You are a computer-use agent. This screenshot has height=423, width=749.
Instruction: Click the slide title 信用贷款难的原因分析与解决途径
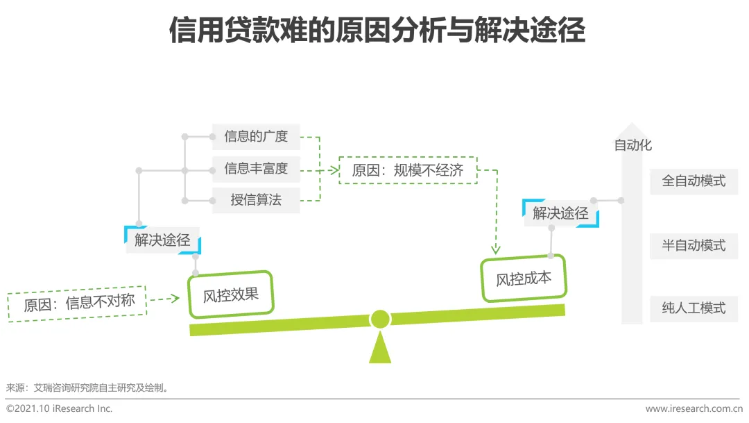[377, 31]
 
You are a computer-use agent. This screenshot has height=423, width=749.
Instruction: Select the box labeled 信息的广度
[255, 137]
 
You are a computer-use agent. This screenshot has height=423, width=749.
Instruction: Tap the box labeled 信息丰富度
[255, 169]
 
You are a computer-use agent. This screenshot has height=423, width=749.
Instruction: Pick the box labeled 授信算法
[255, 201]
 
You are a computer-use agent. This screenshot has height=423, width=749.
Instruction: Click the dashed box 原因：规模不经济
[408, 170]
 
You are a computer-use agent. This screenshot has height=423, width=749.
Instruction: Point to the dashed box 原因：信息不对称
[78, 304]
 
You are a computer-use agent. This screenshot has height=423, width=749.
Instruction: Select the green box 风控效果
[230, 295]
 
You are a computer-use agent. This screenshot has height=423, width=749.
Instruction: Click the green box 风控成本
[524, 279]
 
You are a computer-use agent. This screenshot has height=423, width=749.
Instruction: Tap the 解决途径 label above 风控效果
[163, 240]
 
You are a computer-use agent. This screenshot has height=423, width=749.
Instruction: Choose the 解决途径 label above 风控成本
[560, 213]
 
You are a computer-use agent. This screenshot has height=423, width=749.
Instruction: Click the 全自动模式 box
[694, 181]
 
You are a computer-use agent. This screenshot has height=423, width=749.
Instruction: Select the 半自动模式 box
[694, 245]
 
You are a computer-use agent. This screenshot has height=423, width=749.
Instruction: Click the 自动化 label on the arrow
[632, 146]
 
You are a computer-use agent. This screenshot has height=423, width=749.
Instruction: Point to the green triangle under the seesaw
[379, 349]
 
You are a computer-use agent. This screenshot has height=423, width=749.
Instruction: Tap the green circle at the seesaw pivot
[379, 319]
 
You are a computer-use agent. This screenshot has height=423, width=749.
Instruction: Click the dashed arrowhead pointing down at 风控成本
[496, 249]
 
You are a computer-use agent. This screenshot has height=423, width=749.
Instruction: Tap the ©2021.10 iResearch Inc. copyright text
[60, 409]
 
